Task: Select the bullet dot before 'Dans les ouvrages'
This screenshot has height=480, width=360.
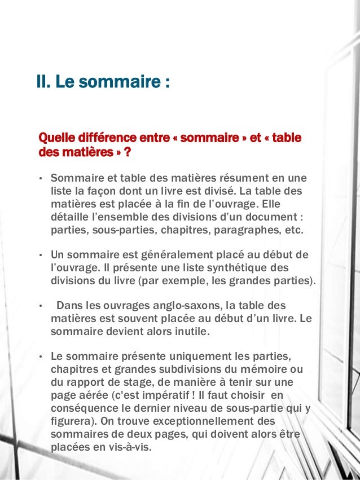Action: (41, 306)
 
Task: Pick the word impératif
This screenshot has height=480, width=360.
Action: (216, 395)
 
